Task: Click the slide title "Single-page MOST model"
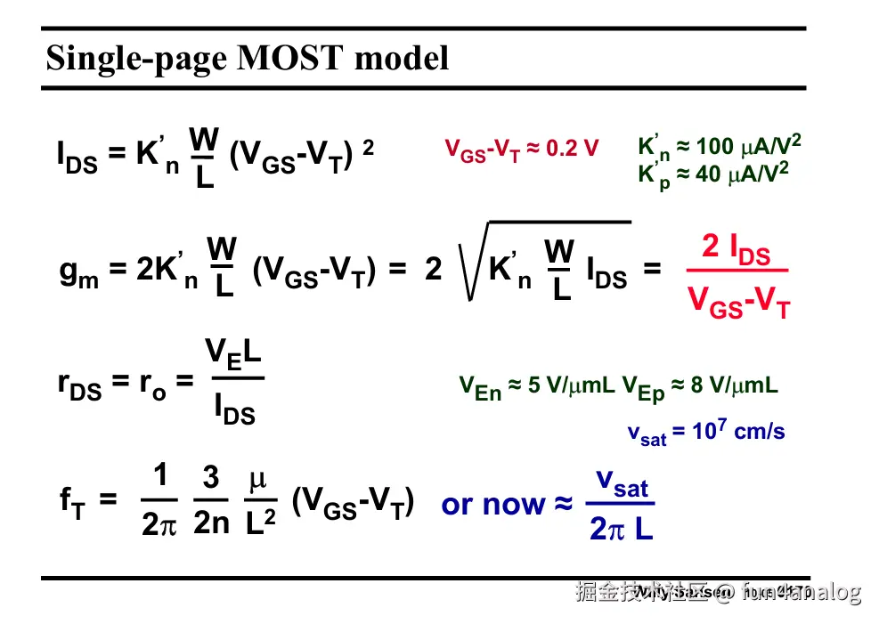click(x=247, y=59)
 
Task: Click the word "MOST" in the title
click(x=294, y=59)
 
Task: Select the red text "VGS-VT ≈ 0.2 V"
click(x=522, y=150)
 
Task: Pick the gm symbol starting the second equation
click(x=78, y=271)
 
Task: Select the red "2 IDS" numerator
click(x=736, y=248)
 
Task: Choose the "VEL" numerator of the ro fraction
click(x=233, y=354)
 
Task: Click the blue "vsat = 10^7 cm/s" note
click(x=706, y=433)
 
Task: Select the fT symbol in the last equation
click(x=71, y=502)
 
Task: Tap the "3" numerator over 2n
click(x=211, y=479)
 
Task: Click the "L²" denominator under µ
click(x=260, y=523)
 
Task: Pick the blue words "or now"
click(x=492, y=505)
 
